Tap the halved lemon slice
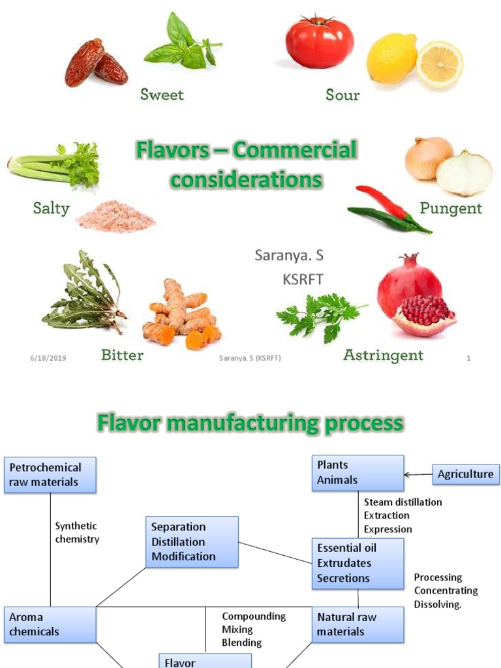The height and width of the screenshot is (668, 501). [x=440, y=64]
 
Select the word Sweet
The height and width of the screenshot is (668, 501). [x=162, y=95]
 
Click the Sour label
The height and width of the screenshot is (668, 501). [x=342, y=95]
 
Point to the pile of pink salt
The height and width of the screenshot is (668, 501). [x=115, y=216]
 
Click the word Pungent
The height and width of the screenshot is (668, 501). [x=451, y=209]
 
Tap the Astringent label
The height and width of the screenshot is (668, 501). [x=383, y=356]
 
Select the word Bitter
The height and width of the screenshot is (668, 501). [x=122, y=356]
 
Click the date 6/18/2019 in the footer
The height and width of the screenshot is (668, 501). [x=48, y=358]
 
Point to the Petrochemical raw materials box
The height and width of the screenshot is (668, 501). [x=50, y=475]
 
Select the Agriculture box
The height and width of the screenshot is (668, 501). [x=466, y=474]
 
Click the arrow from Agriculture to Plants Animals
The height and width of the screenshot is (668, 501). [x=418, y=474]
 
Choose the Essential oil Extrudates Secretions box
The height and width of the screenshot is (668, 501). [x=357, y=563]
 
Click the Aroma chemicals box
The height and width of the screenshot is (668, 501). [x=50, y=624]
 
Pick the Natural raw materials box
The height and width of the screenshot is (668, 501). [x=357, y=624]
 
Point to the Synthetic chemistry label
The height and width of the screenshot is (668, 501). [x=77, y=532]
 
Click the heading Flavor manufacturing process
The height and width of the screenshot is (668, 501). [x=250, y=423]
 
